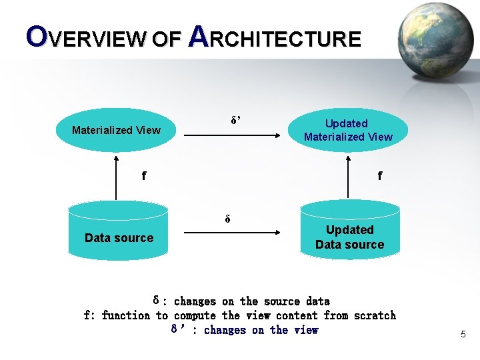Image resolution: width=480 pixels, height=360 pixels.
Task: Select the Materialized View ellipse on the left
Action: (116, 130)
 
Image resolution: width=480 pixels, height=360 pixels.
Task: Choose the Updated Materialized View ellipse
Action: (348, 130)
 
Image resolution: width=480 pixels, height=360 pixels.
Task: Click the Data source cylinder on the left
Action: (119, 233)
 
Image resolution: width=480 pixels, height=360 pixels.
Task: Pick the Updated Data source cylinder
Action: (349, 233)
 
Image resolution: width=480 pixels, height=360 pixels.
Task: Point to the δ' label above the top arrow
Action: (236, 121)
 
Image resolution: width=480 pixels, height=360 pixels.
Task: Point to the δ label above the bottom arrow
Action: (227, 219)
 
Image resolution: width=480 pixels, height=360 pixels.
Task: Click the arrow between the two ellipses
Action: (233, 135)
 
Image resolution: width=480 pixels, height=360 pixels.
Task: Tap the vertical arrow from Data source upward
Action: (116, 177)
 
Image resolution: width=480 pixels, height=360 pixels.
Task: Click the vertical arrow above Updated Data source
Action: (348, 177)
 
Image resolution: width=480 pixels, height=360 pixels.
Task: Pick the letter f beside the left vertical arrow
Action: (144, 176)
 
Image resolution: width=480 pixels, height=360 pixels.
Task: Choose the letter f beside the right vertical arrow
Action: (380, 176)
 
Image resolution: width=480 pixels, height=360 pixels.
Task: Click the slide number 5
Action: (463, 334)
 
